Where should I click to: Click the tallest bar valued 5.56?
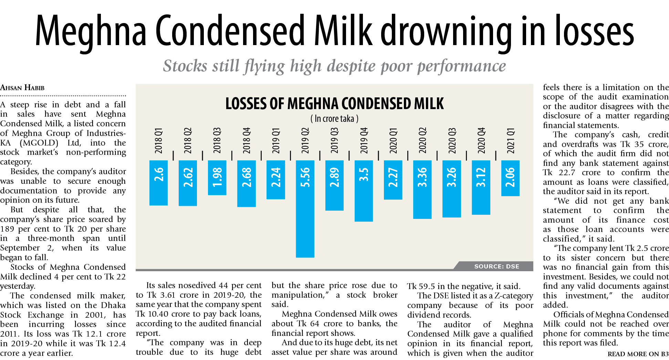[305, 209]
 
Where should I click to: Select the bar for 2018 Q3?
[217, 178]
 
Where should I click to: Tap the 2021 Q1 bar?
[510, 178]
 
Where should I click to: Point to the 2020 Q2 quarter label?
[422, 140]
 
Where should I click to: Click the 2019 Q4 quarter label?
[364, 140]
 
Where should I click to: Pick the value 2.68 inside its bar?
[247, 178]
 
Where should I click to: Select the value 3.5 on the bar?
[364, 175]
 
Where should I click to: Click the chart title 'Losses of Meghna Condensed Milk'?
[334, 104]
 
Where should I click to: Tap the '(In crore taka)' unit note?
[334, 119]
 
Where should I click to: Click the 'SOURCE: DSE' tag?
[496, 266]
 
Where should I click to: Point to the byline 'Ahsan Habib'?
[22, 88]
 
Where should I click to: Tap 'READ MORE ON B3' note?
[638, 354]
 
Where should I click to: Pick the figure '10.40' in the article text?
[158, 314]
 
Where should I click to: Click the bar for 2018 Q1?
[158, 182]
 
